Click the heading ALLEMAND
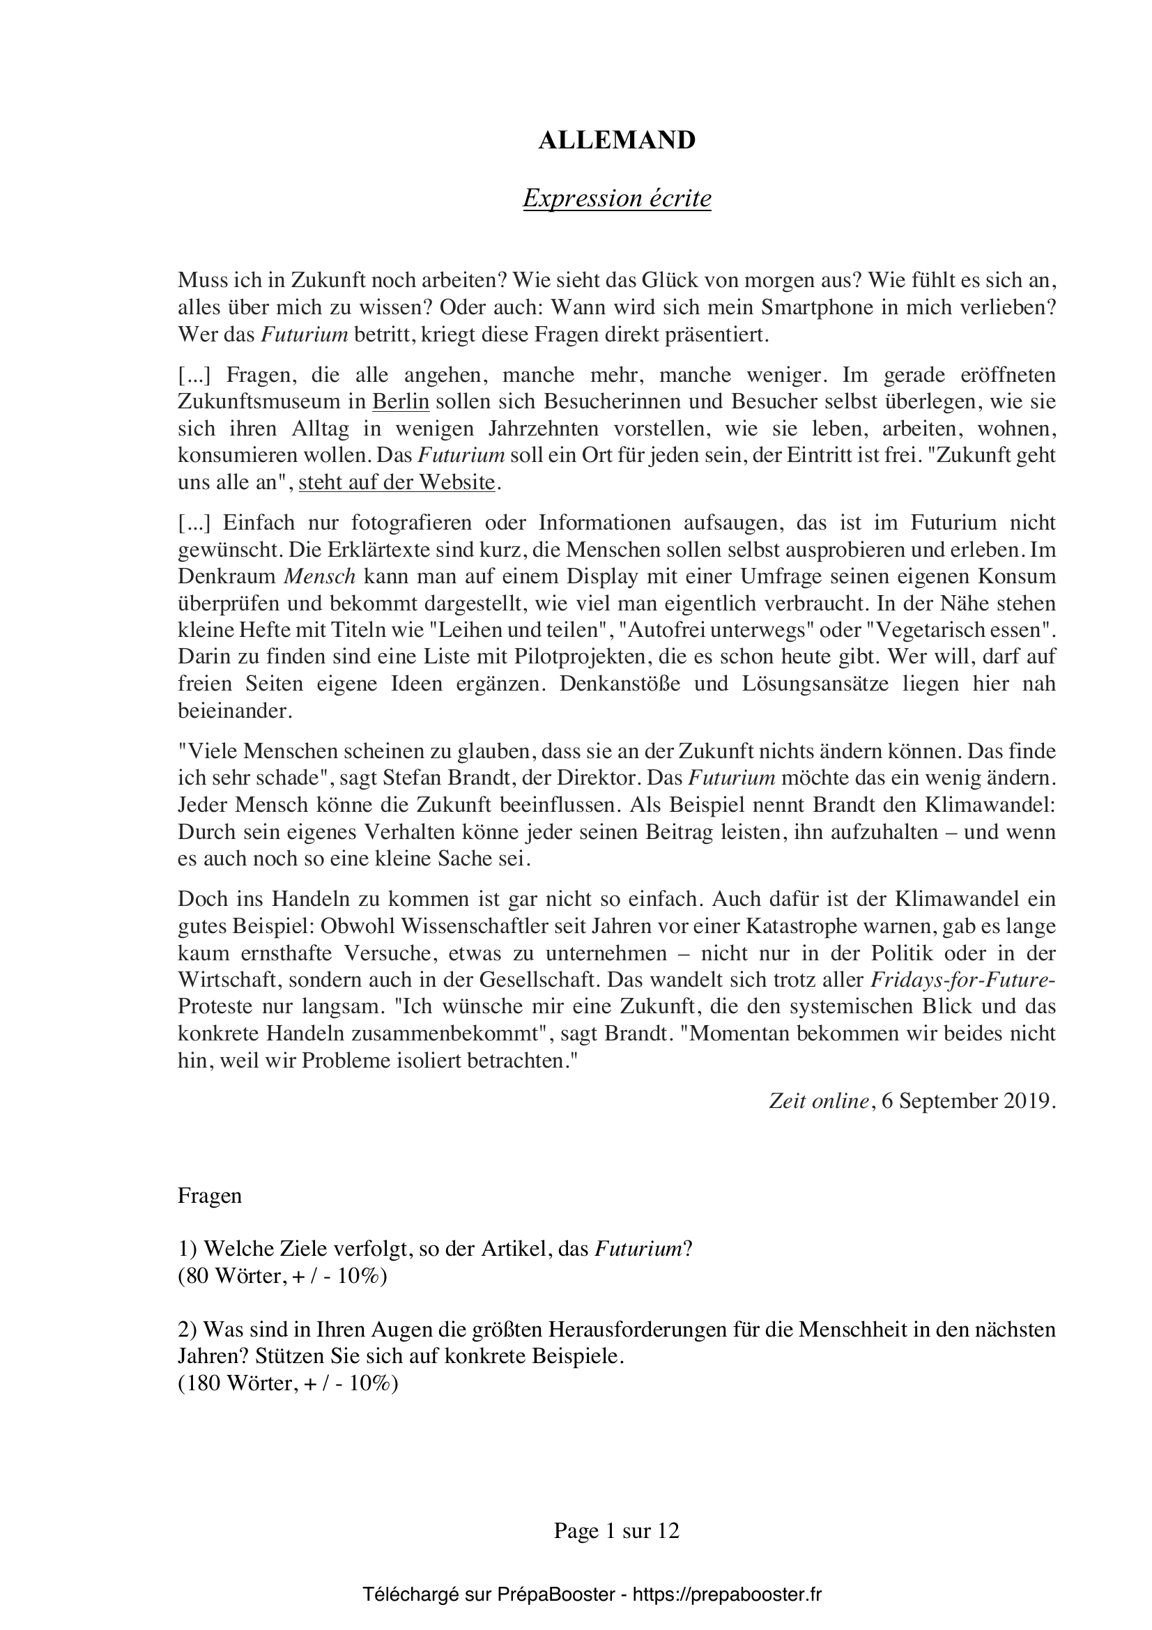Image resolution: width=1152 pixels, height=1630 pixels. pos(617,141)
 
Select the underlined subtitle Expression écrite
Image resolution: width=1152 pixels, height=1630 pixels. pos(617,199)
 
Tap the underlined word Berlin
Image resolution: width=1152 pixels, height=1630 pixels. pos(401,402)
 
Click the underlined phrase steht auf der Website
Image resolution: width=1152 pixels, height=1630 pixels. pos(396,483)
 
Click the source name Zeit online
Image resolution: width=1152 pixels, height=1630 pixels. pos(818,1101)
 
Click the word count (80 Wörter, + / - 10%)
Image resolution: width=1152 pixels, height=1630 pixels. pos(282,1277)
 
